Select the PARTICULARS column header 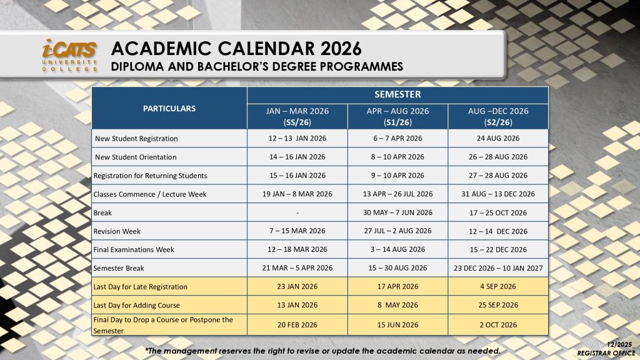point(169,108)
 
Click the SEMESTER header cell point(397,94)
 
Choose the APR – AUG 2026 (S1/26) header point(397,116)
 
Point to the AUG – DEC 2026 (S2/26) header point(498,116)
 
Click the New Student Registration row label point(136,138)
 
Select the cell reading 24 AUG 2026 point(498,138)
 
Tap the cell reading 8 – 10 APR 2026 point(397,157)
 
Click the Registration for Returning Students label point(150,175)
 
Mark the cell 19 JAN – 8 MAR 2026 point(297,194)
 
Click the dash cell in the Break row point(297,212)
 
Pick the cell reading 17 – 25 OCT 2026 point(498,212)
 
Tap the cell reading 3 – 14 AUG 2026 point(397,249)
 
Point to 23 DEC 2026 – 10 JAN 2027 point(498,268)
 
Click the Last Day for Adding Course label point(136,305)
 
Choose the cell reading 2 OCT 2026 point(498,324)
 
